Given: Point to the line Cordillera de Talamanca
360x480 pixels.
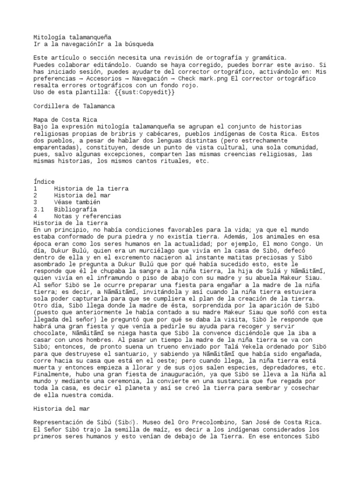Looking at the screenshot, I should point(75,106).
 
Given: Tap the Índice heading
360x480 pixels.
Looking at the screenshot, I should point(45,181).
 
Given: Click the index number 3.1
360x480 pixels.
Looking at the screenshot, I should point(39,209).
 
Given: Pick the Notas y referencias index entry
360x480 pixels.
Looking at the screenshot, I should point(88,216).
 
